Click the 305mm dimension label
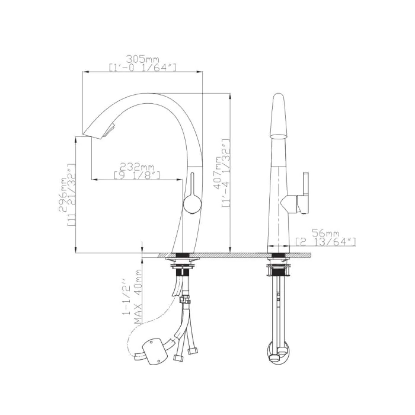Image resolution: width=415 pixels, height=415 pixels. (142, 59)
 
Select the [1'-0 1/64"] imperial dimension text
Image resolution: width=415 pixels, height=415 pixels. (142, 68)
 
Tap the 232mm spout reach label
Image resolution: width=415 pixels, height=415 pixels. (137, 167)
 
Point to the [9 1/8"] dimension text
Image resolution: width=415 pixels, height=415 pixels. (137, 175)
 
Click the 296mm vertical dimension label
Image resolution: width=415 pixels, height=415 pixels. (63, 195)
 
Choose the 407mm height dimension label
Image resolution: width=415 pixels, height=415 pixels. (218, 173)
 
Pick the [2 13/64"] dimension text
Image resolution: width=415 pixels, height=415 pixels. (325, 242)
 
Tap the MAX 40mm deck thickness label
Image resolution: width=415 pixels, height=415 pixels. (138, 296)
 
